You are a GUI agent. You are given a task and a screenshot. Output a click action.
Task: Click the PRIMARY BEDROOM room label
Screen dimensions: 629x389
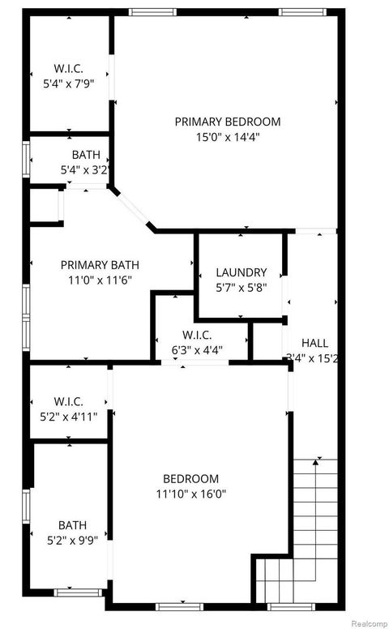click(x=228, y=122)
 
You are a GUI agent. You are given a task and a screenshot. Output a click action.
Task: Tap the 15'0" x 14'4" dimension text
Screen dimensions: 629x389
click(x=228, y=137)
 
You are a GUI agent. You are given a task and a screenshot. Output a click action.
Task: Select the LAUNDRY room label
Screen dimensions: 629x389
click(x=241, y=273)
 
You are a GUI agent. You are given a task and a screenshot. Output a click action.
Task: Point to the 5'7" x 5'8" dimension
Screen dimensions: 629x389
click(x=241, y=287)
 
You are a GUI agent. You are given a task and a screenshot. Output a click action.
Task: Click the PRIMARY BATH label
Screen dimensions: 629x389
click(x=100, y=264)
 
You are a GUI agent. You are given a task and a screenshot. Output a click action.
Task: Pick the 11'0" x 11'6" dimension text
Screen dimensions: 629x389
click(x=100, y=279)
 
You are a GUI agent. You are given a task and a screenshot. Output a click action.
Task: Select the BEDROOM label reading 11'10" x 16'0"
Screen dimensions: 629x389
click(x=190, y=478)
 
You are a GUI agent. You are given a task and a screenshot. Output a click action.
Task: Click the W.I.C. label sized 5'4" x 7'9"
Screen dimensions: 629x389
click(x=69, y=68)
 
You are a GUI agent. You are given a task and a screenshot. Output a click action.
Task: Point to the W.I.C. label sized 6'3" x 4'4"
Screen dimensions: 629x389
click(x=198, y=335)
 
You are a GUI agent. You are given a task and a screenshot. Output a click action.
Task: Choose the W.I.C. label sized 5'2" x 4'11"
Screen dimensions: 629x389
click(x=69, y=402)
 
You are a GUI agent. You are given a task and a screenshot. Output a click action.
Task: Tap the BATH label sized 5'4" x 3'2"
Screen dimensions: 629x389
click(x=86, y=155)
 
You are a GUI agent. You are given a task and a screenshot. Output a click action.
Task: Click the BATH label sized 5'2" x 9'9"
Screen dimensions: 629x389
click(x=71, y=524)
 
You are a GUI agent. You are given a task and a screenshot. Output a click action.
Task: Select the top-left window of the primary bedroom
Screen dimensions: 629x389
click(x=152, y=12)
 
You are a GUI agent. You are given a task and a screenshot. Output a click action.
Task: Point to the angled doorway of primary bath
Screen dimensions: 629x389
click(x=134, y=210)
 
